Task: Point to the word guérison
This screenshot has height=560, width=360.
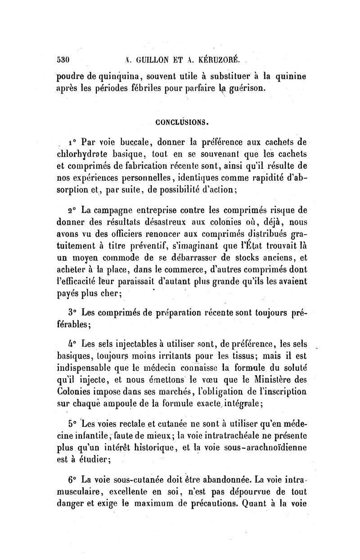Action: point(239,87)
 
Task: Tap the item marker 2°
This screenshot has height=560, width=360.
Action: point(72,210)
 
